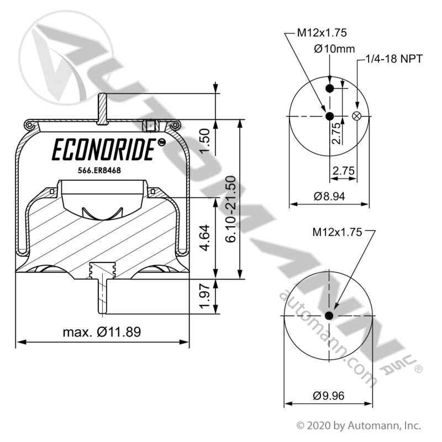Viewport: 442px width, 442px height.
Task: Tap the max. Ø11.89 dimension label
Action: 101,332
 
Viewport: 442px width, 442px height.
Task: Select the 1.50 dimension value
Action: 204,141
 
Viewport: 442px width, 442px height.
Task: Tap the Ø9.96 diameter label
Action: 329,395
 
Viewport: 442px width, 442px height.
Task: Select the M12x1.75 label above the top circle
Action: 322,33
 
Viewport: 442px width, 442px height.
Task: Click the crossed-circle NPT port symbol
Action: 356,115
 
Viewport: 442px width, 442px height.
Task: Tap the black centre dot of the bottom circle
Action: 329,315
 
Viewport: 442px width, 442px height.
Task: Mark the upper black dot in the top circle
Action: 329,89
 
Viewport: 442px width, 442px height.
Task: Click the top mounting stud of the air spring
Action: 102,108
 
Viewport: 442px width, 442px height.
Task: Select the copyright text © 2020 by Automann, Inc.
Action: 359,425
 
